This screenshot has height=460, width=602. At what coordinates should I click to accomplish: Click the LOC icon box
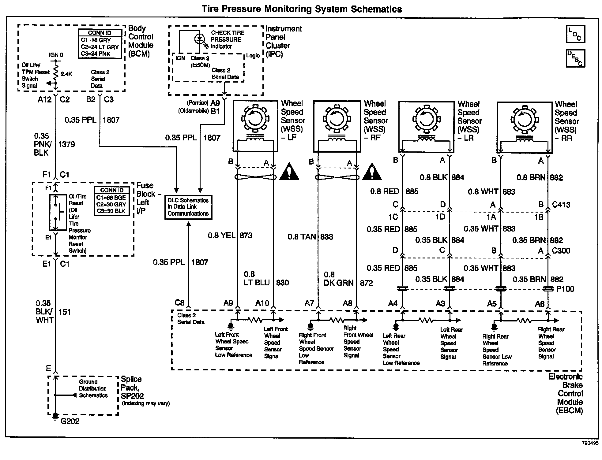575,34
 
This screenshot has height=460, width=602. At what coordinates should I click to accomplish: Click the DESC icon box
575,58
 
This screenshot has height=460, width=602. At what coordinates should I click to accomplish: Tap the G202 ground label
70,421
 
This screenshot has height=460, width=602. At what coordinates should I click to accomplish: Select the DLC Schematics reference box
188,207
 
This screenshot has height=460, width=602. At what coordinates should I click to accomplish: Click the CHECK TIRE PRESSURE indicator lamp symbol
200,39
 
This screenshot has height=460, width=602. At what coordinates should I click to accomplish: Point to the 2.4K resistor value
66,74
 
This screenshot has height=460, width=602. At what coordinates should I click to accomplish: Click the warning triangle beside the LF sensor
289,172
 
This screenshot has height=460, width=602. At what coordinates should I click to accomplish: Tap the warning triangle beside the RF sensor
372,172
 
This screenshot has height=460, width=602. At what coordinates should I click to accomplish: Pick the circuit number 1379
66,144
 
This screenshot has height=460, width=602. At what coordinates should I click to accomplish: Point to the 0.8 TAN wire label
302,236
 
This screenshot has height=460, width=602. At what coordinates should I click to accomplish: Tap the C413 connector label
561,205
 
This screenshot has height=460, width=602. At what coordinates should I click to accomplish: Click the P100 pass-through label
565,289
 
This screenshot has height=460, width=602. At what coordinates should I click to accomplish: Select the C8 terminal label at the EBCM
179,303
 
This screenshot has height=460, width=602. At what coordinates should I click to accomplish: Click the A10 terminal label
262,303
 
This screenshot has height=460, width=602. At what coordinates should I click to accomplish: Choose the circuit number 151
65,312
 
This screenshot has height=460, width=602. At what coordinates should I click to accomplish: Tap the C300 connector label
561,251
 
